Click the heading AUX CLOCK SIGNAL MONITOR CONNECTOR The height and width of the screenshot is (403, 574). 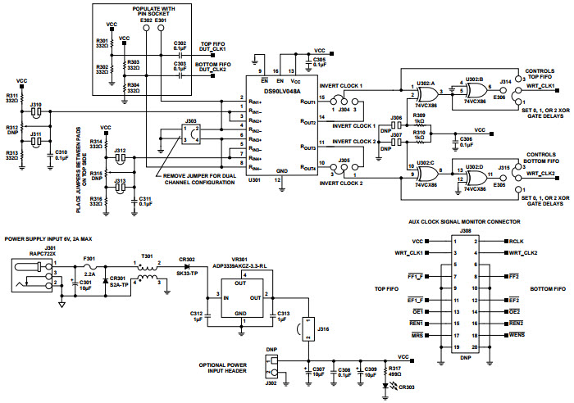[x=465, y=221]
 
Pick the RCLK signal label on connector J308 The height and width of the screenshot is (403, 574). [x=516, y=242]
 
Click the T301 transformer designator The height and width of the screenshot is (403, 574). [x=147, y=256]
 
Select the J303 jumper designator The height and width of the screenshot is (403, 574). [x=192, y=119]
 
